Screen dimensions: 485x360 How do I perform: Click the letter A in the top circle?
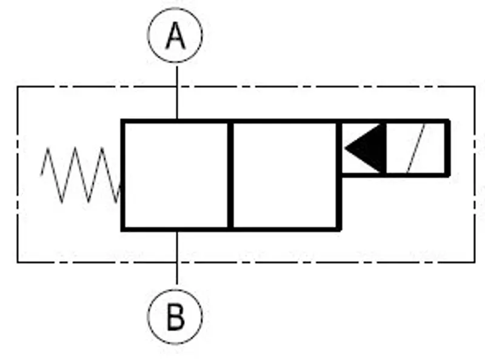coord(175,36)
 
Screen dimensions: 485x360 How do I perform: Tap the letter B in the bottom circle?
coord(175,317)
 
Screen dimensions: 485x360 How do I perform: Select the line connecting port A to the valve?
coord(177,93)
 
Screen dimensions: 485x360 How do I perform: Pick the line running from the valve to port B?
coord(177,258)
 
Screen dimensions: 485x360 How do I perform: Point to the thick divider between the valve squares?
coord(230,175)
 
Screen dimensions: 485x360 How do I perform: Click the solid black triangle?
coord(366,148)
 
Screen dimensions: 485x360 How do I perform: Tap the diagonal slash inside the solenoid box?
coord(416,148)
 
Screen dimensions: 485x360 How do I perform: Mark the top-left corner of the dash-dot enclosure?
coord(18,87)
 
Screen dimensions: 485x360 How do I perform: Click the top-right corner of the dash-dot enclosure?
coord(475,87)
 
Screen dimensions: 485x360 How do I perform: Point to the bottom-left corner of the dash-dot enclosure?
coord(18,262)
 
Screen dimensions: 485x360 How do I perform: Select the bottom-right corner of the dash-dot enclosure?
coord(475,262)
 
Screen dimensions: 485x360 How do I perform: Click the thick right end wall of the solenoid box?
coord(447,148)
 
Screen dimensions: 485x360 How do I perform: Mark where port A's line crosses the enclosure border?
coord(177,87)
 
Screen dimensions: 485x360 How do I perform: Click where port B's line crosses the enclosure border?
coord(177,262)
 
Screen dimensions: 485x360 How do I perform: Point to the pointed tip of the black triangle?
coord(345,148)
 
